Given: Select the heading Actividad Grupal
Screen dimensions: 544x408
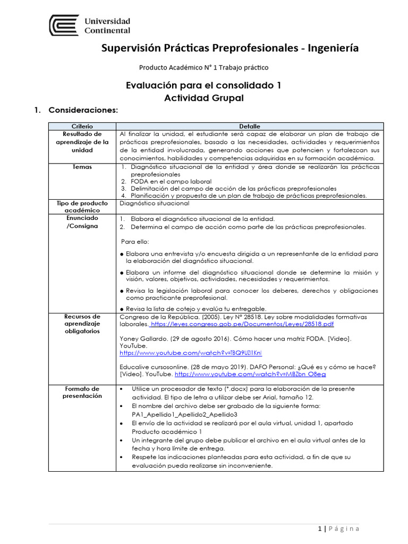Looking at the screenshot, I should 203,98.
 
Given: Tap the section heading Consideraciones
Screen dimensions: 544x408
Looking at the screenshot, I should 82,110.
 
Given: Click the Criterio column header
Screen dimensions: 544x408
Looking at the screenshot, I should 82,126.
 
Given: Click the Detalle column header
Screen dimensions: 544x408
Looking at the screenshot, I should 249,126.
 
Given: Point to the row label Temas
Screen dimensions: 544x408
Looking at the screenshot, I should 82,167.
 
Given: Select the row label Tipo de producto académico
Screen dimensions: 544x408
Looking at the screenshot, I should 82,207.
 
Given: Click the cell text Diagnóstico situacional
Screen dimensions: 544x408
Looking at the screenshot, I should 155,203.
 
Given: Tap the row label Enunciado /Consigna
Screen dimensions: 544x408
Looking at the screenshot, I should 82,223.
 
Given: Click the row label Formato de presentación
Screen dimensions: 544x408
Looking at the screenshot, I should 82,392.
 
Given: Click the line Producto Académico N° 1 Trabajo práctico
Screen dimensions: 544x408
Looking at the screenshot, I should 203,67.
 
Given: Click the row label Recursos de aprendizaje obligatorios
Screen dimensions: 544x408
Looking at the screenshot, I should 82,324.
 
